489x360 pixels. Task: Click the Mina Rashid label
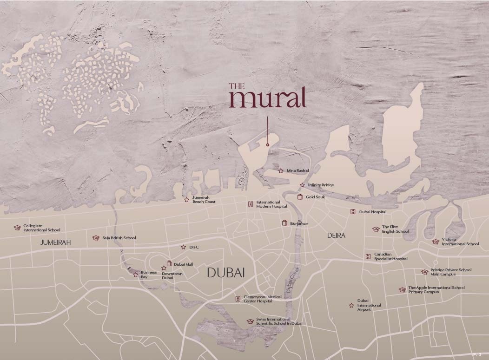click(298, 170)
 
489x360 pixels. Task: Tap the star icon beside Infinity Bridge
click(302, 185)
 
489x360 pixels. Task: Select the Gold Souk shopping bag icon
click(300, 197)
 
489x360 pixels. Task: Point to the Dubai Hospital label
click(372, 212)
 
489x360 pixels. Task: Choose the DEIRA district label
click(336, 236)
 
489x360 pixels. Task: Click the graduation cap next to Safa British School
click(96, 238)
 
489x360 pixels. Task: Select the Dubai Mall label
click(183, 264)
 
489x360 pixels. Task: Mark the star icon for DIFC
click(184, 247)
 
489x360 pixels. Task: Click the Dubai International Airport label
click(369, 305)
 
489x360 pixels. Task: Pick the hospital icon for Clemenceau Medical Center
click(238, 299)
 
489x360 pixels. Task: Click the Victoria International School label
click(460, 242)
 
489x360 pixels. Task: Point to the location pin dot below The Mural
click(268, 145)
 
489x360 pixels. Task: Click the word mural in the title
click(267, 98)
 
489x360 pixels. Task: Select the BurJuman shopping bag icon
click(284, 223)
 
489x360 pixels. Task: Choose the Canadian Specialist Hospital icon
click(368, 256)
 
